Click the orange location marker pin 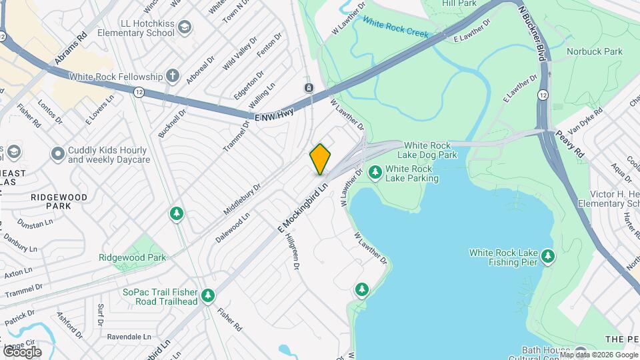(320, 159)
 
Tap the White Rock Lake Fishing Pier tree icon (548, 256)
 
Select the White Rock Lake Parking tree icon (375, 173)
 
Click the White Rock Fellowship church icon (173, 76)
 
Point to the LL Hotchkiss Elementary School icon (185, 27)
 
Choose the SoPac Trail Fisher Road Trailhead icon (209, 295)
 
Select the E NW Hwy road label (274, 115)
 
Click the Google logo (22, 351)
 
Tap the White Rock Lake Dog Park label (431, 150)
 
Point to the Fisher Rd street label (229, 319)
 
